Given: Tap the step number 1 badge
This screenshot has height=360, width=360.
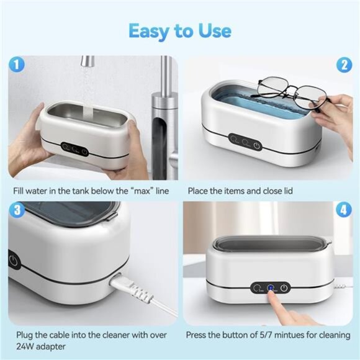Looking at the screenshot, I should click(x=17, y=64).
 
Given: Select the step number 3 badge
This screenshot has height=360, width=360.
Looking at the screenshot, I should click(x=17, y=210).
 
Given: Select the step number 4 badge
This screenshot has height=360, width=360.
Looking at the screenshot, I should click(x=343, y=210).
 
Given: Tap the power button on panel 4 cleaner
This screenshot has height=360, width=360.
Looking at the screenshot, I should click(x=284, y=287).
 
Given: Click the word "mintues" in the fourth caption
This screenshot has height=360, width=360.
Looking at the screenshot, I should click(x=281, y=335).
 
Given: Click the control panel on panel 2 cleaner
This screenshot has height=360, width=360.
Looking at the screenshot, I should click(x=245, y=142).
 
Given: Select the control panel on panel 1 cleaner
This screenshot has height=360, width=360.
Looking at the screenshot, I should click(x=74, y=149).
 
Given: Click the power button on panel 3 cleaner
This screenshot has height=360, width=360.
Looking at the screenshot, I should click(x=14, y=259).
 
